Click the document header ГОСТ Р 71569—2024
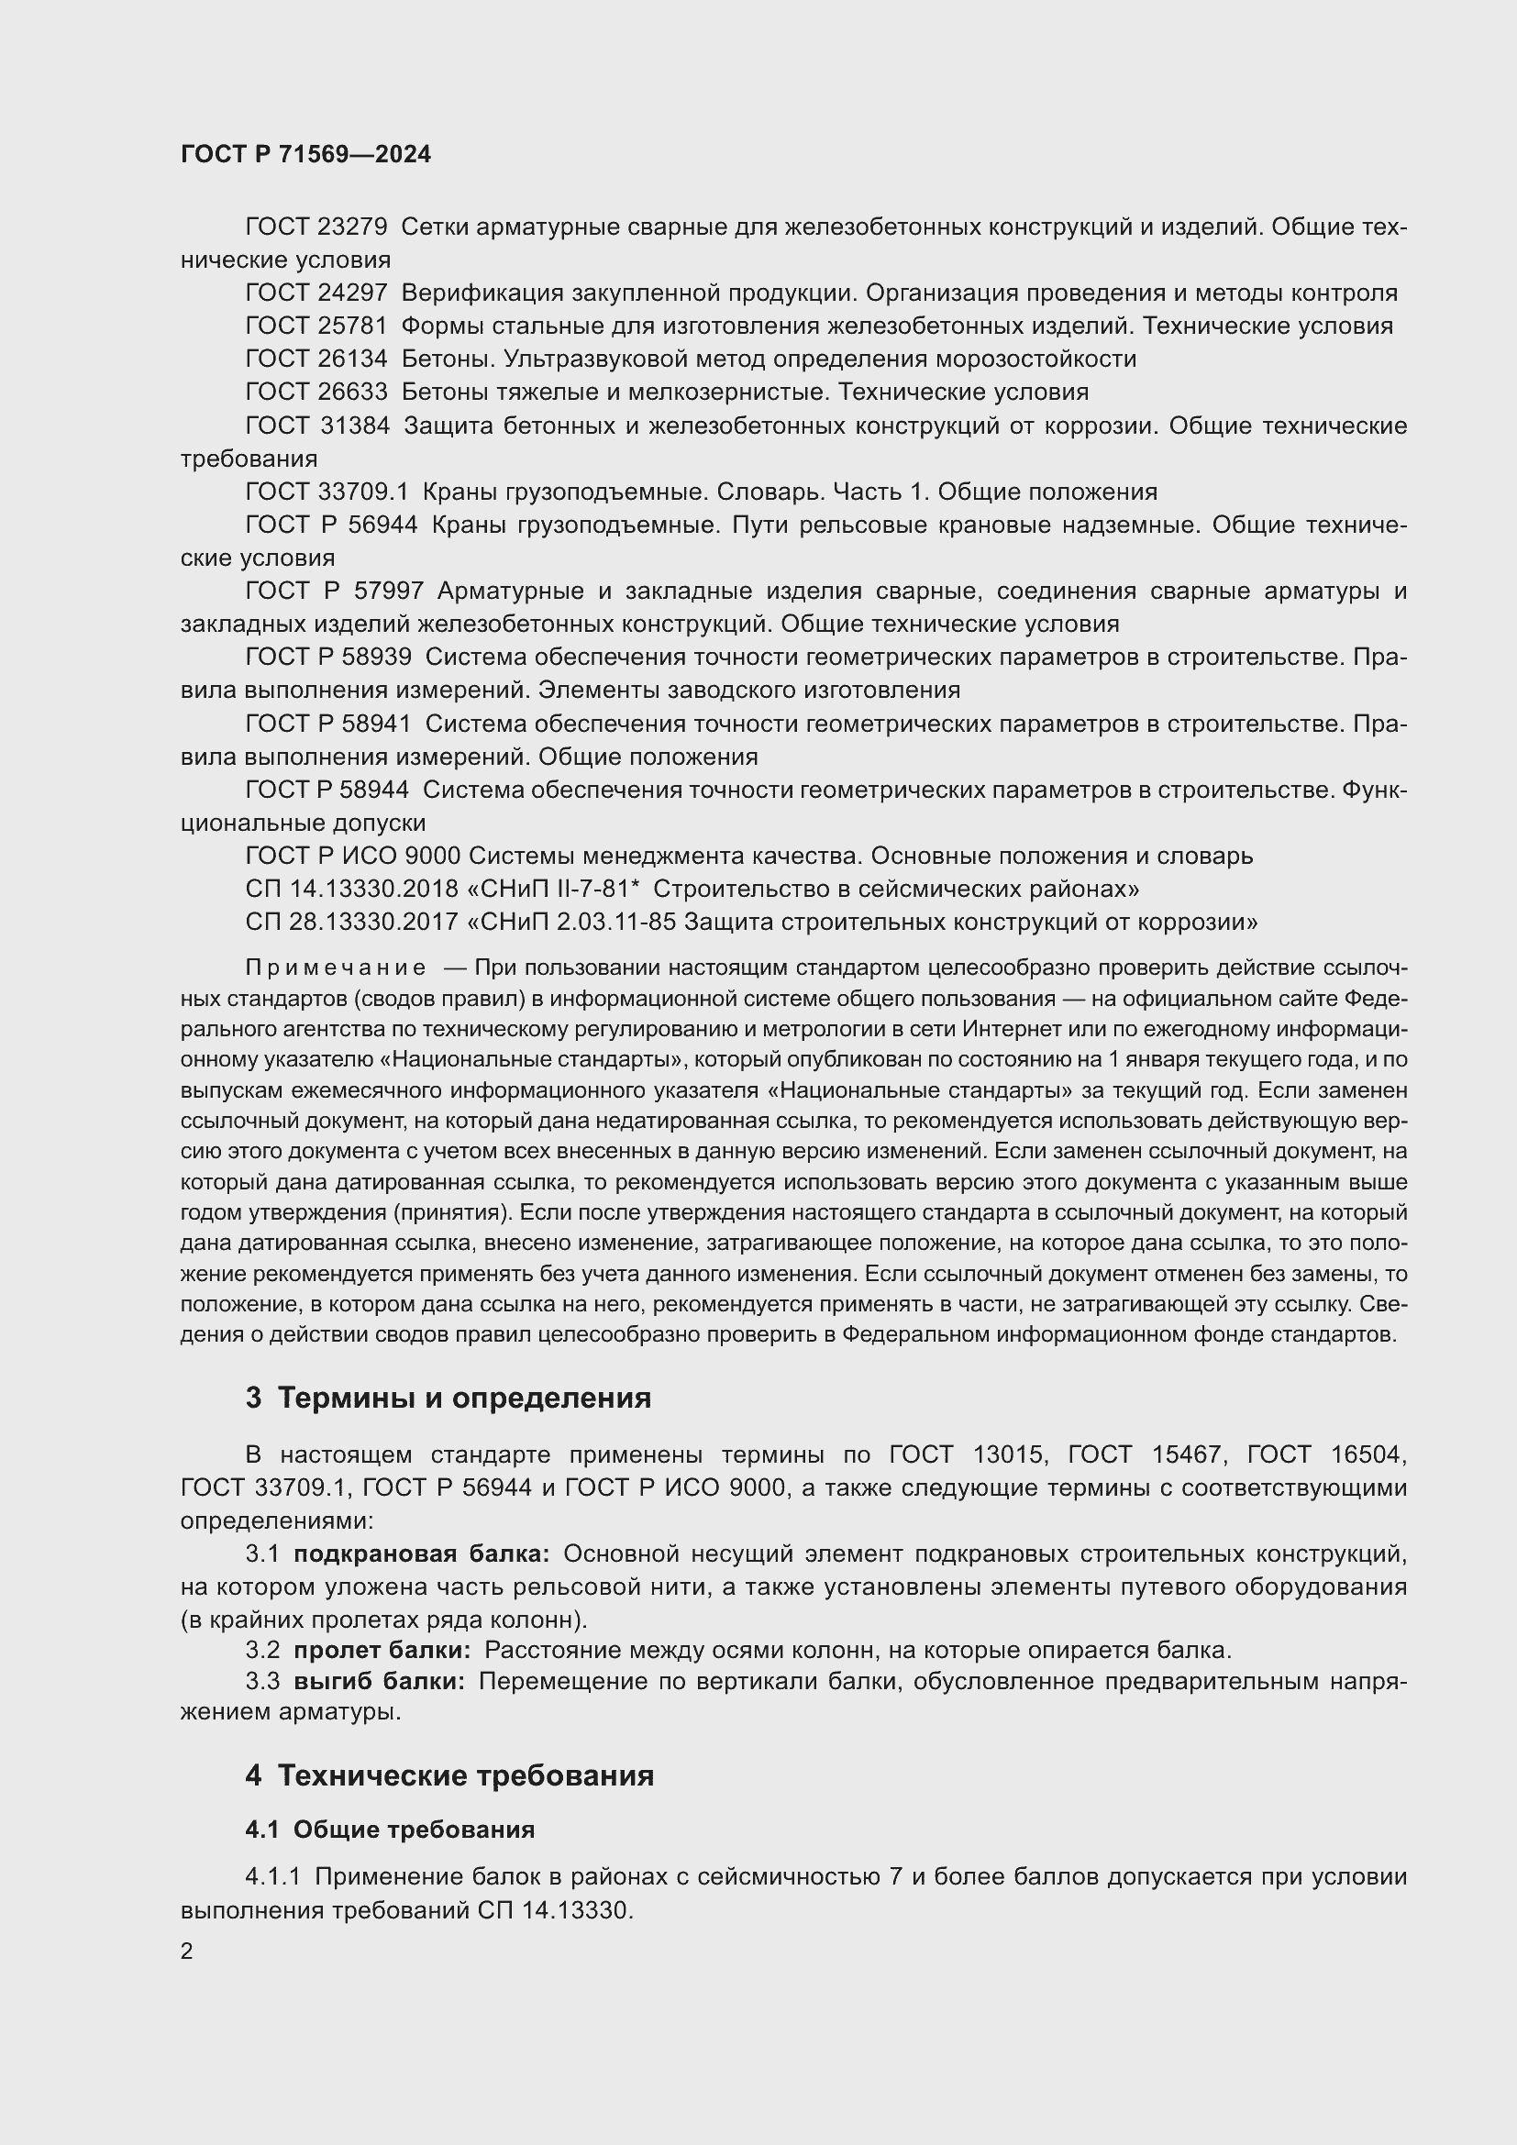305,154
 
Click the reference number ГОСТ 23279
316,227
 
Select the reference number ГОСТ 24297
316,293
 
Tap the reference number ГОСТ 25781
316,326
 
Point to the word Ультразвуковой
570,359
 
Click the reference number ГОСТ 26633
316,392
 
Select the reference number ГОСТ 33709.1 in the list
327,492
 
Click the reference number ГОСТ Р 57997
335,591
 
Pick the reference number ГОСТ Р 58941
327,723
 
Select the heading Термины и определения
464,1398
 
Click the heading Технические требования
465,1775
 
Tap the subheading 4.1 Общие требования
390,1830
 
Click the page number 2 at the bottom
187,1951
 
